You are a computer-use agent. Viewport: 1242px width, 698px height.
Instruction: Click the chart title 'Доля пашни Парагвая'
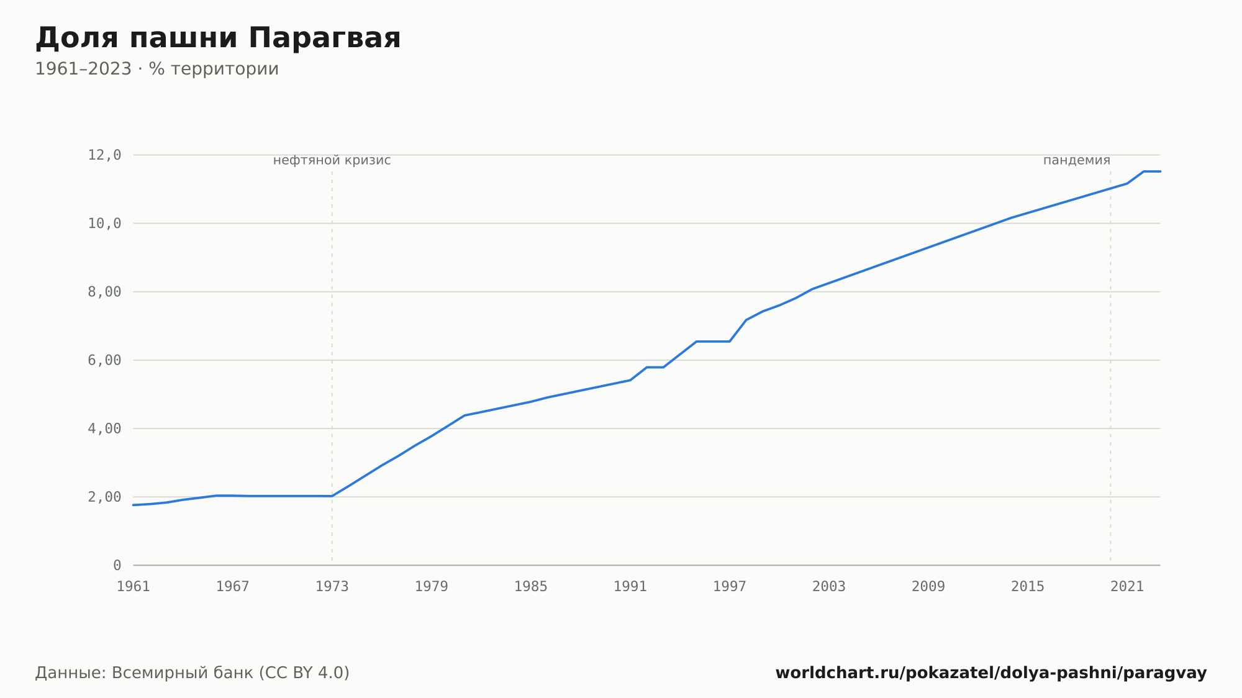click(x=218, y=39)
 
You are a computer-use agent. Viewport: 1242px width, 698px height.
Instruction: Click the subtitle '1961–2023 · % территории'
click(x=157, y=69)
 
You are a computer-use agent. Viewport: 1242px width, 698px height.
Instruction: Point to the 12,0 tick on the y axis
click(x=104, y=155)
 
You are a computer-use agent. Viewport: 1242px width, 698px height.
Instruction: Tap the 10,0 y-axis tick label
click(x=104, y=224)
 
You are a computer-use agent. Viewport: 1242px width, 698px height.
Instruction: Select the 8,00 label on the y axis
click(x=104, y=292)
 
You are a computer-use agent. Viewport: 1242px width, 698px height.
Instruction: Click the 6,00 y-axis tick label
click(x=104, y=360)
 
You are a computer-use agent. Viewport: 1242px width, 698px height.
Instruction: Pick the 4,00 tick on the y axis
click(x=104, y=428)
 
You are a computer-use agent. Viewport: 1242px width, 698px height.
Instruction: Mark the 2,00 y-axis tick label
click(x=104, y=497)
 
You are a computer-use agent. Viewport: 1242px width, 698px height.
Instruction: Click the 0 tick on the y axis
click(x=117, y=565)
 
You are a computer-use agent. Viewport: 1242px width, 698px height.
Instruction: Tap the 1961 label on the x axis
click(x=134, y=587)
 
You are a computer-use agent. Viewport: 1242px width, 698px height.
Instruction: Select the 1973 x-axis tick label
click(x=332, y=587)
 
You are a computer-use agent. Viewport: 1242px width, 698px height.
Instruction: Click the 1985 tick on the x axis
click(x=531, y=587)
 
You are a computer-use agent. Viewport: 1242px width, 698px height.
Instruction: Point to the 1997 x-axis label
click(x=730, y=587)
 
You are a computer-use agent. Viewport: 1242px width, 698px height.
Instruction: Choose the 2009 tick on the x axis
click(x=928, y=587)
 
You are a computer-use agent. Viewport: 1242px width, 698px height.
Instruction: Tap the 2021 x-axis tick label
click(x=1127, y=587)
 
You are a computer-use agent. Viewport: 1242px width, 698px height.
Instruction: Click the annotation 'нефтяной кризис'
click(x=332, y=160)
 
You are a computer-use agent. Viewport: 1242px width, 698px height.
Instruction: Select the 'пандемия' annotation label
click(x=1077, y=160)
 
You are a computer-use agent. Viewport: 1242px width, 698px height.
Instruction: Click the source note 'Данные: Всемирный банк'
click(x=144, y=673)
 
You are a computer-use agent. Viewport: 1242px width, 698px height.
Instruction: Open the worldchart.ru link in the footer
click(x=991, y=673)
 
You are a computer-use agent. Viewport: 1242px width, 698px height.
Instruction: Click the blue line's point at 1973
click(x=332, y=496)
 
